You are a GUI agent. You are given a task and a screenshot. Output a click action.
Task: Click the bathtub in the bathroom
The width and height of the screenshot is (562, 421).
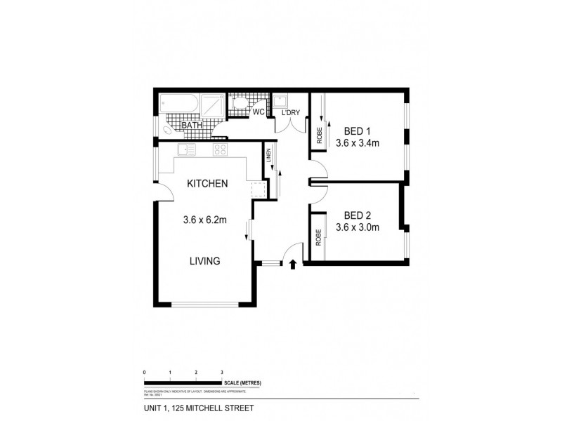[x=179, y=106]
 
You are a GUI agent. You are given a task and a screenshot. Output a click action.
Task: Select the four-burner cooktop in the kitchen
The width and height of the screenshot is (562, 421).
[x=220, y=149]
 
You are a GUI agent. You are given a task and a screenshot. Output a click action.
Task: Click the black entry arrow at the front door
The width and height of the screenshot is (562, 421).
[x=293, y=264]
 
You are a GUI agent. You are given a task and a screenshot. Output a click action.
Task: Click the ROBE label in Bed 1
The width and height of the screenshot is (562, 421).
[x=319, y=135]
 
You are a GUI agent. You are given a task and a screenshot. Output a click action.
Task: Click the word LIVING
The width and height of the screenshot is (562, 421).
[x=204, y=261]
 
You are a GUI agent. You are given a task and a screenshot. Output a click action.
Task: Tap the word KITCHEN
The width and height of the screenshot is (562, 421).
[x=207, y=184]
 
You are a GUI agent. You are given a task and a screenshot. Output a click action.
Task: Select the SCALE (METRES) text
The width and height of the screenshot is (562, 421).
[x=243, y=382]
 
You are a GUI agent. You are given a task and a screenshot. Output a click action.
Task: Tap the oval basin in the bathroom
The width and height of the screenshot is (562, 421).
[x=168, y=131]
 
